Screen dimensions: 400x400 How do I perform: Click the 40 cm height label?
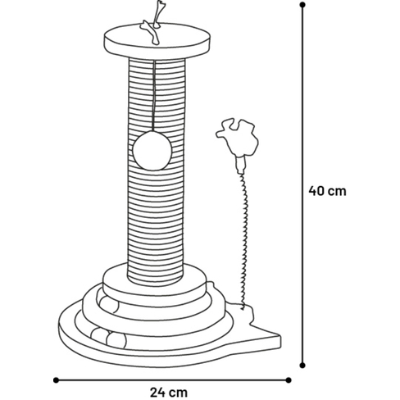327,191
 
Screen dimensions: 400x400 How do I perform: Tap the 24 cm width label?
169,393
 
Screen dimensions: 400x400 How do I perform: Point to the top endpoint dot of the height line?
302,5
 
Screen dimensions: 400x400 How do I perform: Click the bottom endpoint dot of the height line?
302,366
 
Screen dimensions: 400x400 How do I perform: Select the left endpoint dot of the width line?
56,380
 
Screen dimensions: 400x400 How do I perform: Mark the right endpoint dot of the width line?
289,380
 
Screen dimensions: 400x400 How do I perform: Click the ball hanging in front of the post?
152,151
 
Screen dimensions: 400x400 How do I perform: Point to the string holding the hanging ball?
154,96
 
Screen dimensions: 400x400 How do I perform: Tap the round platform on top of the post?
157,41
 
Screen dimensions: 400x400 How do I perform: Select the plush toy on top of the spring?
237,139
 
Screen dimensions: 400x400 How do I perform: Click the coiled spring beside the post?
244,240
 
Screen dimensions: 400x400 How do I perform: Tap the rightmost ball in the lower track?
116,340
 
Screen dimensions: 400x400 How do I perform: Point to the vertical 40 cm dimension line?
302,185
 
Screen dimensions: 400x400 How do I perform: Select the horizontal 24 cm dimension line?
172,380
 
